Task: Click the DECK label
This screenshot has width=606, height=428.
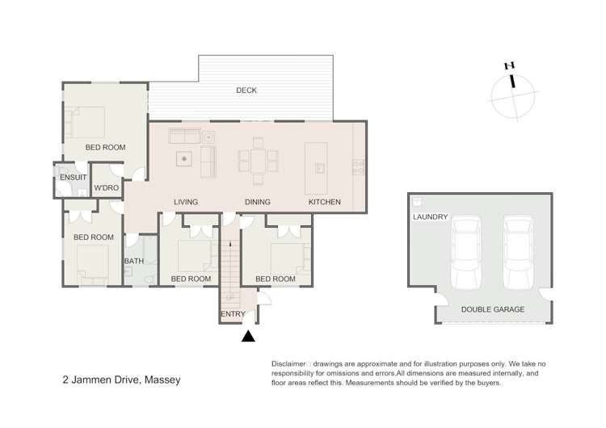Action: (x=246, y=90)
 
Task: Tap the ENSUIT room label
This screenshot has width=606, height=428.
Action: (x=73, y=178)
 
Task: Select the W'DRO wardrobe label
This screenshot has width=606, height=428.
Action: (x=107, y=187)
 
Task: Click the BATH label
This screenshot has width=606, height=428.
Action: (x=133, y=261)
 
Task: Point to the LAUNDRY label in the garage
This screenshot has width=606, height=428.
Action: (x=430, y=217)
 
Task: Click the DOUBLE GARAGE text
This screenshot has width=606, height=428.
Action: (x=493, y=309)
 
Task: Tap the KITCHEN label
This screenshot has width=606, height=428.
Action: (x=325, y=202)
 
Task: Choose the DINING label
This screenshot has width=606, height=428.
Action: (x=258, y=202)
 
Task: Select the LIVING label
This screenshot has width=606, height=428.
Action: (x=186, y=202)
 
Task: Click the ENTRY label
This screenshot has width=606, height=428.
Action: (x=233, y=314)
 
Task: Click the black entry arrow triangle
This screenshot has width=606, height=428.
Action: (x=248, y=337)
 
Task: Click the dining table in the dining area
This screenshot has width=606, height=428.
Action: (x=259, y=161)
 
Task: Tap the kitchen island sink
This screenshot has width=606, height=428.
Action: (x=320, y=169)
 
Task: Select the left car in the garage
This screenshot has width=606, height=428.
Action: (x=466, y=252)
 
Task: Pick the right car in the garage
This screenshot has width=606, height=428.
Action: (x=519, y=252)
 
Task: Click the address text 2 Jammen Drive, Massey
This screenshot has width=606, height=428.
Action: (x=121, y=380)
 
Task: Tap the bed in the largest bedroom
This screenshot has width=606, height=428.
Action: (x=88, y=122)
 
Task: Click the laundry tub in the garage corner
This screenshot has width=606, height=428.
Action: (x=417, y=201)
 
